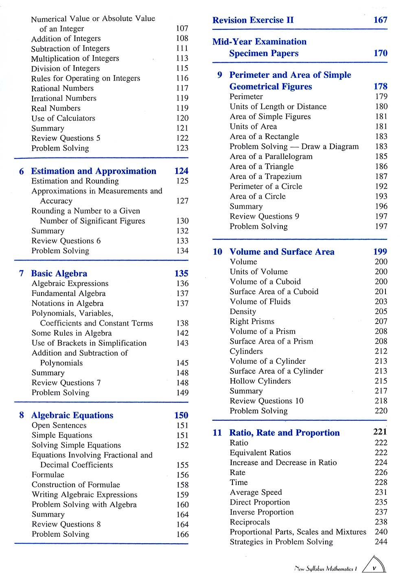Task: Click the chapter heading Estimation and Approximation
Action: coord(94,171)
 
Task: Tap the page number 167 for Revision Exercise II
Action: coord(380,20)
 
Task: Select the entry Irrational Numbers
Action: coord(64,98)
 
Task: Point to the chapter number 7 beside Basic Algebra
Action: coord(21,273)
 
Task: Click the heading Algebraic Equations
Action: coord(72,416)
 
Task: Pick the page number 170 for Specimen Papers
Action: coord(380,53)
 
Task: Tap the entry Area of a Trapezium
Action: coord(266,177)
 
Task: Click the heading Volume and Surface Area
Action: coord(282,252)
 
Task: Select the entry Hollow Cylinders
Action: coord(260,381)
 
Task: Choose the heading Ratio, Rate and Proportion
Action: coord(284,433)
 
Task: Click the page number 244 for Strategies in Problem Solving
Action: coord(381,542)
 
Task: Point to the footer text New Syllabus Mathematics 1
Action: coord(326,569)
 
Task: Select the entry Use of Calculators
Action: coord(63,118)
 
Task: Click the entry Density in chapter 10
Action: coord(243,312)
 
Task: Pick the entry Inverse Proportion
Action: coord(262,512)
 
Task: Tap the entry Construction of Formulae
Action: coord(76,485)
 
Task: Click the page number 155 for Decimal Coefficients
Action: coord(182,465)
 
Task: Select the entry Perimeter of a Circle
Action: coord(266,186)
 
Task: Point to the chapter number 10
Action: coord(217,252)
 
